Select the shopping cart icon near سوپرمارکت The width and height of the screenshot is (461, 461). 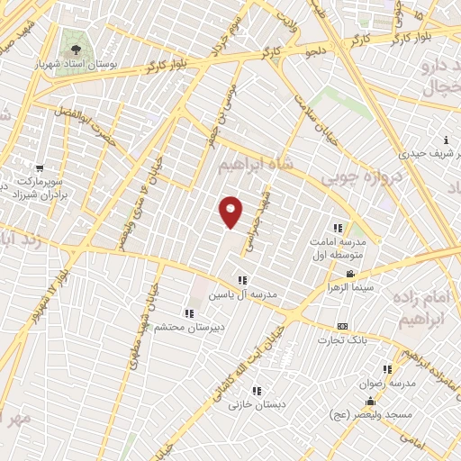click(40, 168)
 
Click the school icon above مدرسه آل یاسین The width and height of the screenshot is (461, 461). click(241, 280)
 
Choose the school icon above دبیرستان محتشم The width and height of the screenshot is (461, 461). click(189, 313)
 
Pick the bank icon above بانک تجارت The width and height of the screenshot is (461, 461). click(341, 327)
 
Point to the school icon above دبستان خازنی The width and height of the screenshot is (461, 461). click(257, 391)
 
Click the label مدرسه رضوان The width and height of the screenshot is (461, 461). click(386, 383)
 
